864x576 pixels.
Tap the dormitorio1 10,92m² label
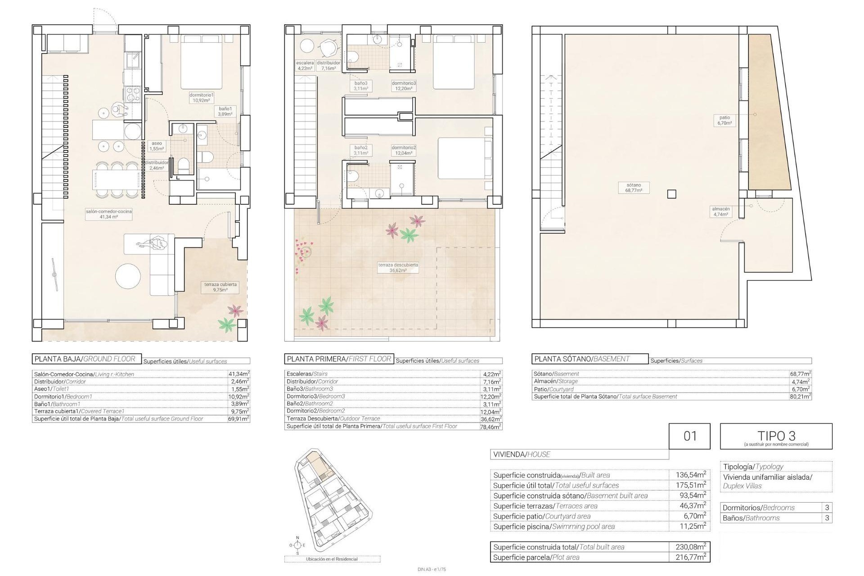(x=201, y=98)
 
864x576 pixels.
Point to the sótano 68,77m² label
(x=633, y=188)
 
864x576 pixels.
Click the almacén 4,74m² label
(x=720, y=211)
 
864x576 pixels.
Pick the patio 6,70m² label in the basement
(x=724, y=120)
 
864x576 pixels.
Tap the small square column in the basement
(x=671, y=194)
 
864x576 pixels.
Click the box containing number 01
(x=689, y=436)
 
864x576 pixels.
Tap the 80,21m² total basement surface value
(x=800, y=396)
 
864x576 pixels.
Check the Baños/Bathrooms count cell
(x=827, y=518)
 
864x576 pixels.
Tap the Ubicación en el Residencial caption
(x=332, y=559)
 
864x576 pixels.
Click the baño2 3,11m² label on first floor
(x=361, y=150)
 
